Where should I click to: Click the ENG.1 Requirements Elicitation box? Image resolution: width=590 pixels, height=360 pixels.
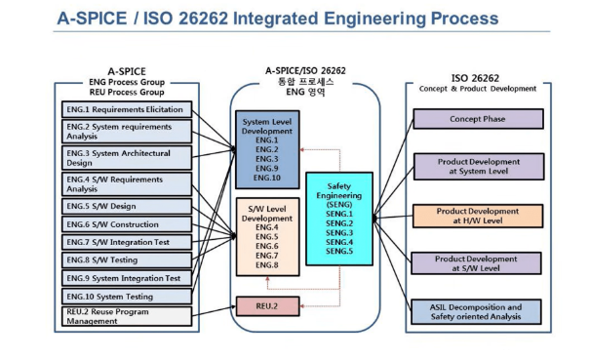(126, 109)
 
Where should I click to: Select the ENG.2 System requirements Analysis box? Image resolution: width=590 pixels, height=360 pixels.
(126, 132)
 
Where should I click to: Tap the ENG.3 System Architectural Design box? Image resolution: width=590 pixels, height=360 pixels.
(126, 158)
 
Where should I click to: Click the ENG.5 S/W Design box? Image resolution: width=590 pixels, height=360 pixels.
(126, 206)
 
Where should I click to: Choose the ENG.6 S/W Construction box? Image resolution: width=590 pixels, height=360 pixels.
(126, 223)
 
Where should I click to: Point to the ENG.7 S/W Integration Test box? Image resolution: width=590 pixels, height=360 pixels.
(126, 241)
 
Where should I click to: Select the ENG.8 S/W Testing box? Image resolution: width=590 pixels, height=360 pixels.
(126, 260)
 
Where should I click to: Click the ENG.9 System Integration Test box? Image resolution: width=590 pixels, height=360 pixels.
(126, 278)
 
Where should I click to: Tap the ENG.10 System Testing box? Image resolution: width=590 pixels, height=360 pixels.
(126, 296)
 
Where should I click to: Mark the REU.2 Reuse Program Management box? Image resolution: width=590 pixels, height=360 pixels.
(126, 315)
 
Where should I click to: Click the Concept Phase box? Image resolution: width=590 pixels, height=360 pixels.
(478, 119)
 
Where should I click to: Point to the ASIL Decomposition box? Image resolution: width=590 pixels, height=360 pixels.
(478, 311)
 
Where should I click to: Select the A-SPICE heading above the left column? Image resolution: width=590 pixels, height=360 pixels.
(126, 71)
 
